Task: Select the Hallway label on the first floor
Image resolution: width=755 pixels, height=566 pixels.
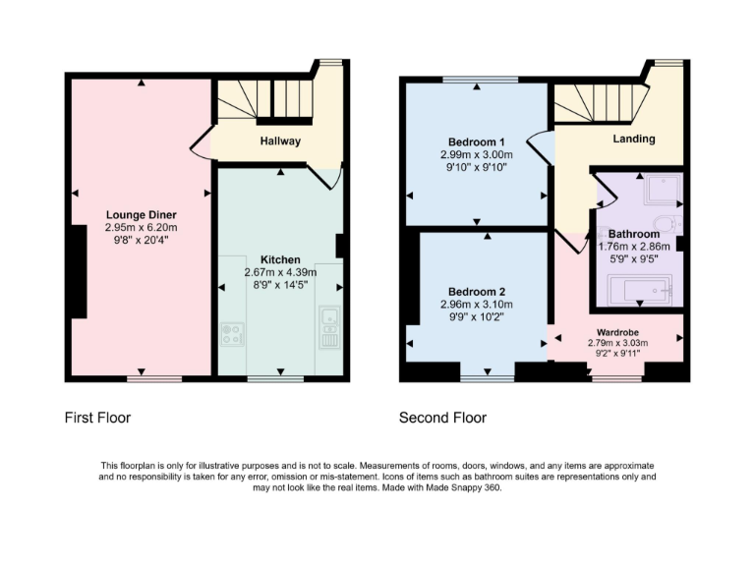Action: coord(280,141)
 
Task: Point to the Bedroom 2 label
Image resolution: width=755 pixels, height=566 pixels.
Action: coord(477,292)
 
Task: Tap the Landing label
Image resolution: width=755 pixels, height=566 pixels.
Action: coord(634,139)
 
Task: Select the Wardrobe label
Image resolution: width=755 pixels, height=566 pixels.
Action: coord(617,332)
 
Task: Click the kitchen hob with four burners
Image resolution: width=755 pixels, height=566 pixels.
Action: coord(233,335)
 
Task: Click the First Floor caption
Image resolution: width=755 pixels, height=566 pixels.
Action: coord(97,418)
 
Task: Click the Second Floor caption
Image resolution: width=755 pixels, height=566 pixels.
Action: coord(442,418)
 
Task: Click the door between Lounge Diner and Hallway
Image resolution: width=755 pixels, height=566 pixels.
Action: coord(200,145)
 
